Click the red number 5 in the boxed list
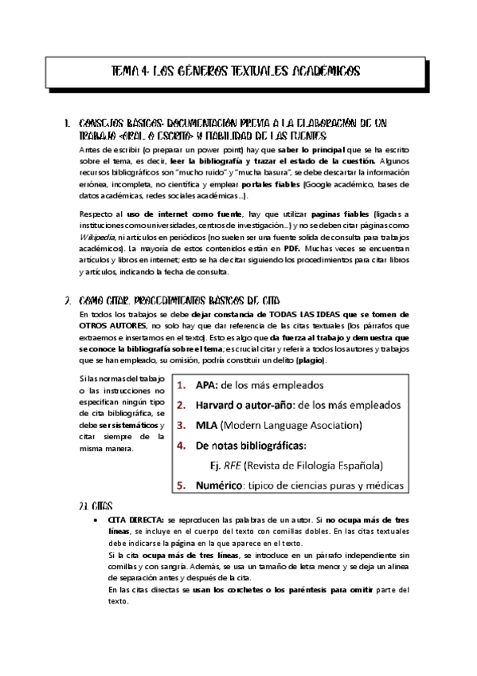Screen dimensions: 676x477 tap(181, 485)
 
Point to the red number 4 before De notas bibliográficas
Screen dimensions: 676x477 tap(181, 445)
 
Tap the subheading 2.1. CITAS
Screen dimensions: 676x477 tap(96, 506)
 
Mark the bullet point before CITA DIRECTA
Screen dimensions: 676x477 tap(96, 519)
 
